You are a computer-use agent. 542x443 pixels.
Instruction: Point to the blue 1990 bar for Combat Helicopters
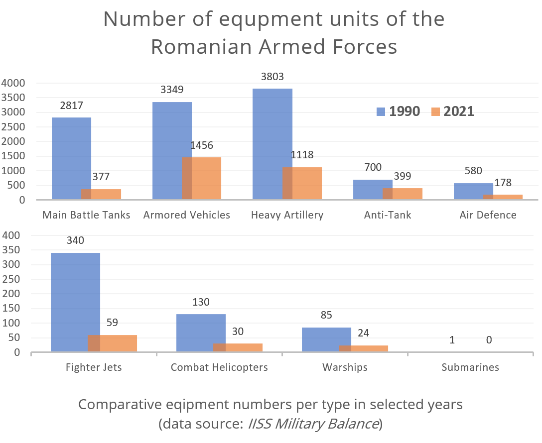point(201,329)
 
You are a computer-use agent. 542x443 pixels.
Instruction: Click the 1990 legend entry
point(398,111)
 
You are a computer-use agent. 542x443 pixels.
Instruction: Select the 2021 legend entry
point(452,111)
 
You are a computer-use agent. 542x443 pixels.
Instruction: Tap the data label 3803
point(273,77)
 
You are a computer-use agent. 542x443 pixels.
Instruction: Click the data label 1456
point(201,145)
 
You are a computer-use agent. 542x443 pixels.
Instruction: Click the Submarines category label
point(470,368)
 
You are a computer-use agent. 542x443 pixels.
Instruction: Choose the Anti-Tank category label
point(388,215)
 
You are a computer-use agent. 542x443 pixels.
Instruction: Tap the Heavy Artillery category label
point(287,215)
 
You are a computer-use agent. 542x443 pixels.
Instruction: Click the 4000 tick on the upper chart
point(13,83)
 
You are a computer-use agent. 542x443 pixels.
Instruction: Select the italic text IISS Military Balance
point(313,424)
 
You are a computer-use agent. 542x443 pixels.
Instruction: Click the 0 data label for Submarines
point(489,340)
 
